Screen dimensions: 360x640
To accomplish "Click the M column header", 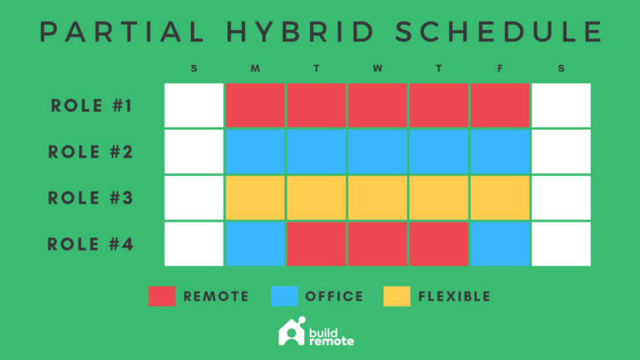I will pos(255,68).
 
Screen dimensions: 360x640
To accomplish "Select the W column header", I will pos(377,68).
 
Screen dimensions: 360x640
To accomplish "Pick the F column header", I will pos(500,68).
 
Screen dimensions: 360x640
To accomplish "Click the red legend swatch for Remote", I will pos(162,296).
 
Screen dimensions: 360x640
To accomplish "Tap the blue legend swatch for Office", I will pos(285,296).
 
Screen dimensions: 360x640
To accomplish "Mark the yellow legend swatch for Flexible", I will pos(397,296).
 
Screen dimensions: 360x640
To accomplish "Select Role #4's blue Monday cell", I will pos(255,244).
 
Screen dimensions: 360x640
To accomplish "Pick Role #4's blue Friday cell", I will pos(500,244).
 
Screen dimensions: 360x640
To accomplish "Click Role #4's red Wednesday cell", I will pos(377,244).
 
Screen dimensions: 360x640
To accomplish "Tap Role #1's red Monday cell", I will pos(255,106).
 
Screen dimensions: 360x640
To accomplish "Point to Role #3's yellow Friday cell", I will pos(500,198).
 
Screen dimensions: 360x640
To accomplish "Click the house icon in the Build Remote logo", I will pos(291,331).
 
